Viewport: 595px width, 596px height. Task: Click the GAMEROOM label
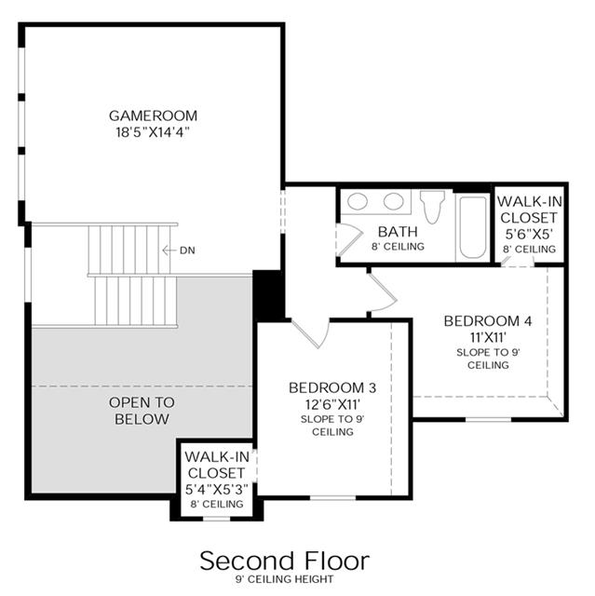(153, 115)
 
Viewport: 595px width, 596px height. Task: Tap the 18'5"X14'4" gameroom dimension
(153, 132)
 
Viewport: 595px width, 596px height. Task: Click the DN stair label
(187, 251)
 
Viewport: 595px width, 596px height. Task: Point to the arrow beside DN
(169, 251)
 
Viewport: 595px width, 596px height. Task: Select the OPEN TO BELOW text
(142, 411)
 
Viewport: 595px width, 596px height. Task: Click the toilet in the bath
(432, 207)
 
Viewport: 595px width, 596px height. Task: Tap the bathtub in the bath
(473, 227)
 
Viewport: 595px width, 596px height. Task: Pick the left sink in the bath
(358, 201)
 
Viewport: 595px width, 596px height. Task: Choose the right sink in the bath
(393, 201)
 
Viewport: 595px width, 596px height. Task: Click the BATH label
(398, 232)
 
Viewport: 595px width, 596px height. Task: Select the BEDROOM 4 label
(488, 321)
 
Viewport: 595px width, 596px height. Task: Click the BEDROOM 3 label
(332, 387)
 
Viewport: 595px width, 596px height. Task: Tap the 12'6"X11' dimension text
(332, 404)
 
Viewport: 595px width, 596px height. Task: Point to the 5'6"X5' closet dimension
(529, 234)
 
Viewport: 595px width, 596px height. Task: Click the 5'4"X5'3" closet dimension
(217, 490)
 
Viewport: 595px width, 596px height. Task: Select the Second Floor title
(285, 561)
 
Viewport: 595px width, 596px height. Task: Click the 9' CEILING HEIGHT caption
(285, 579)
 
